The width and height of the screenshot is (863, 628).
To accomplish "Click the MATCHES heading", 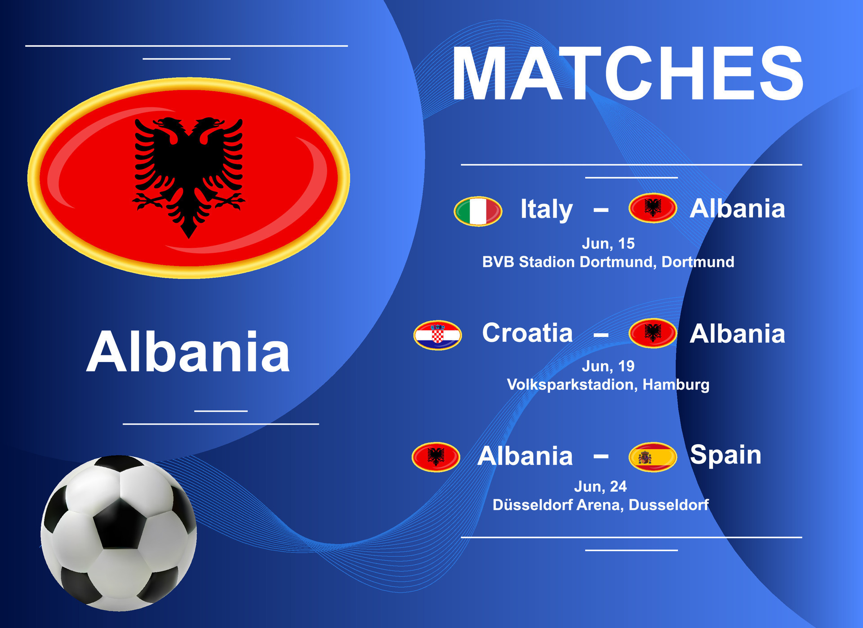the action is pos(627,73).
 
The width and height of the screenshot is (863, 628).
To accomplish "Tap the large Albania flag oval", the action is pos(189,178).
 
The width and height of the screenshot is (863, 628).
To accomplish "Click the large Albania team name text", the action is pos(188,352).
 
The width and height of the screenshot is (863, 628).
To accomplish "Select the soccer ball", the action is pos(119,533).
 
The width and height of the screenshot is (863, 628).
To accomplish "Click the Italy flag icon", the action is pos(478,211).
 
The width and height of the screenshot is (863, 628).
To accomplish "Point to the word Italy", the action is pos(547,210).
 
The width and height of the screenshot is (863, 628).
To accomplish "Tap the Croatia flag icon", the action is pos(437,335).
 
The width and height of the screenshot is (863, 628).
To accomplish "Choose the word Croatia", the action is pos(527,333).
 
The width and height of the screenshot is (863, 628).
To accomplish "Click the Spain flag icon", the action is pos(653,457).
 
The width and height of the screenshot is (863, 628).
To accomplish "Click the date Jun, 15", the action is pos(608,243).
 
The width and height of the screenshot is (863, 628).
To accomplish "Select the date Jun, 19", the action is pos(608,366).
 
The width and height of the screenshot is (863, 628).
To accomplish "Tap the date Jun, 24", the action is pos(601,486).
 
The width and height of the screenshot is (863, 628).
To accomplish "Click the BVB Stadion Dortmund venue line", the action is pos(608,262).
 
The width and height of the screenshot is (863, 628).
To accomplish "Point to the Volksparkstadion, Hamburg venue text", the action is pos(608,385).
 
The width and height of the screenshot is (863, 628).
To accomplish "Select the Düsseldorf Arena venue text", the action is pos(601,505).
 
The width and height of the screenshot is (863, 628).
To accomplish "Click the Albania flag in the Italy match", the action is pos(653,208).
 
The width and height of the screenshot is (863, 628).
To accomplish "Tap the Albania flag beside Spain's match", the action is pos(436,457).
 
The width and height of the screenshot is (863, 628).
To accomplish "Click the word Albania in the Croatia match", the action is pos(738,334).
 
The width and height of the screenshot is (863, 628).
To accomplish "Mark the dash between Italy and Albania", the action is pos(601,210).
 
